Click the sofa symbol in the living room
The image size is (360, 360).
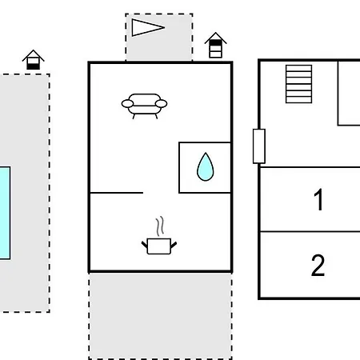coord(144,106)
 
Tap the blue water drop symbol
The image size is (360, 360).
coord(205,167)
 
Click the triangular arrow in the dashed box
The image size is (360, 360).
coord(148,27)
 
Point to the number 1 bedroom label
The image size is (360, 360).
coord(318,199)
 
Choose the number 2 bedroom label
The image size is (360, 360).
coord(318,265)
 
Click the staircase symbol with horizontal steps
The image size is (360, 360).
coord(298,84)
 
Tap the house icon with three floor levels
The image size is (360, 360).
coord(215,45)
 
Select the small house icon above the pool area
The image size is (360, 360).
coord(33,60)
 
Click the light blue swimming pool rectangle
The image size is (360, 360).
coord(5,213)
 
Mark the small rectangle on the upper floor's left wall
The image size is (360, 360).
coord(259,146)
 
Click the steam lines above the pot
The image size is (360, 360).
coord(160,226)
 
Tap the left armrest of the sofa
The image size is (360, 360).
coord(127,103)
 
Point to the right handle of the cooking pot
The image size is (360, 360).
coord(174,245)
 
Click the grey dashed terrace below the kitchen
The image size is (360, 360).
coord(160,316)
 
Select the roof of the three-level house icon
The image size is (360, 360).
coord(215,37)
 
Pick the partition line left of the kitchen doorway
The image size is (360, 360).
coord(117,193)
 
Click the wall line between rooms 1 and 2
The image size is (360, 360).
coord(310,232)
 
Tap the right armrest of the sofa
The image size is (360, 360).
coord(162,103)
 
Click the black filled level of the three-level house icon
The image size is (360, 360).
coord(215,43)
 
